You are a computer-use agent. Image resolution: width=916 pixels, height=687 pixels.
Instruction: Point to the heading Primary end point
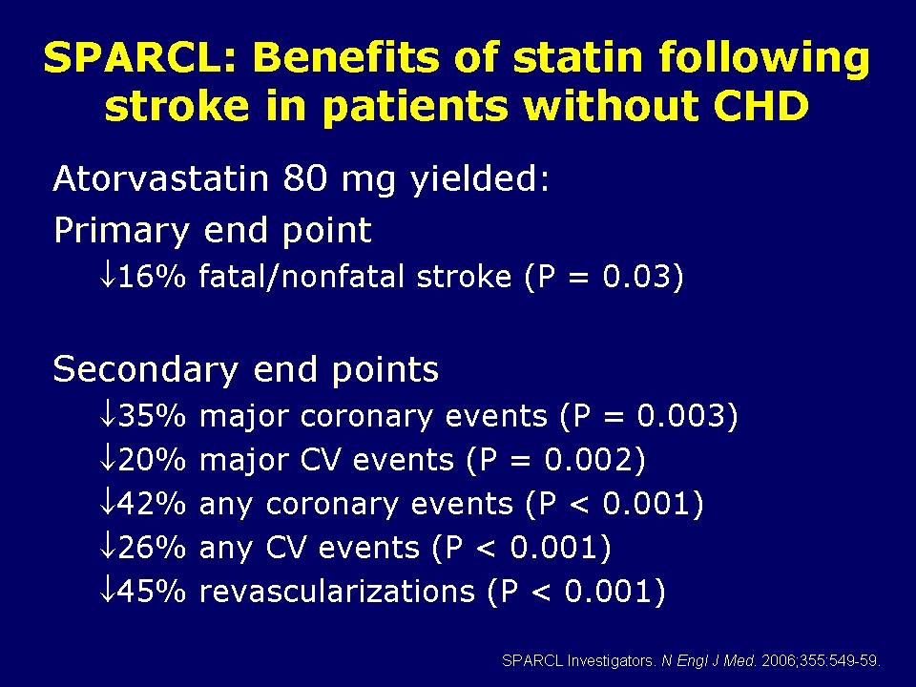(x=212, y=231)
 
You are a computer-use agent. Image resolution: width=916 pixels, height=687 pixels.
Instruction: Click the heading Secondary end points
(x=246, y=369)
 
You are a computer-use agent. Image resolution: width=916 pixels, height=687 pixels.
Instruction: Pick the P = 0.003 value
(x=649, y=416)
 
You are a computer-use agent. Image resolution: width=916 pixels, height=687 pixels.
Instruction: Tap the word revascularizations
(x=337, y=592)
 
